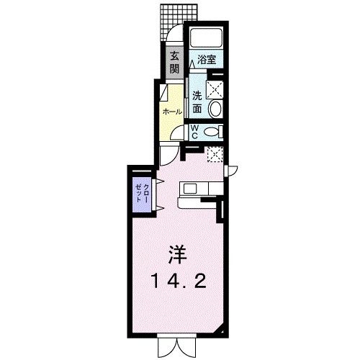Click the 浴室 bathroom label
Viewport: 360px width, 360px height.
(x=207, y=61)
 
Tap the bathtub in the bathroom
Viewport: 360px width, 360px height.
(x=207, y=39)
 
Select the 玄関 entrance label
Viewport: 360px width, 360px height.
(x=175, y=63)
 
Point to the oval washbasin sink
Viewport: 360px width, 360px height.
(x=215, y=108)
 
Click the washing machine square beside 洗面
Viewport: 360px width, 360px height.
(x=215, y=89)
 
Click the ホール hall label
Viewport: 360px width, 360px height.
(x=172, y=112)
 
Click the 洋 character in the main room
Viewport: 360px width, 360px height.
(x=179, y=254)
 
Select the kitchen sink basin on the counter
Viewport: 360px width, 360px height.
(x=189, y=189)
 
